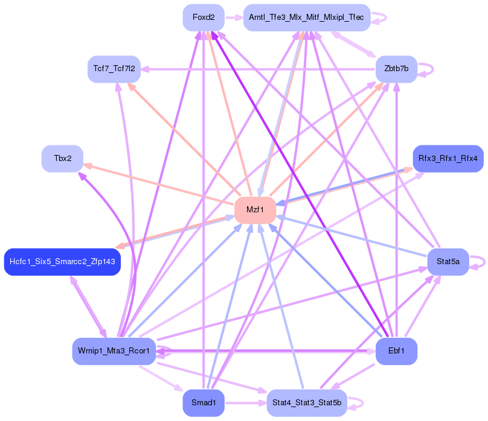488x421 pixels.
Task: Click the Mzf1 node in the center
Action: (x=255, y=210)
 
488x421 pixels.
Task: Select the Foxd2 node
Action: (x=204, y=17)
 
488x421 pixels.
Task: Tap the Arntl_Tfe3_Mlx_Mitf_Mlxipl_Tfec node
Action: (x=306, y=17)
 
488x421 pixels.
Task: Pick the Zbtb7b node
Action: (x=396, y=69)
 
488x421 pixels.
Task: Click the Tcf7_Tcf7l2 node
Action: (x=114, y=69)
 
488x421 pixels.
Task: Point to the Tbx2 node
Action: (x=62, y=159)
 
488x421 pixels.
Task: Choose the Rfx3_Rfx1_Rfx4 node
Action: (x=448, y=159)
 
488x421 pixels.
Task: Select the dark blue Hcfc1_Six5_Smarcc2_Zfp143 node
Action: (x=62, y=262)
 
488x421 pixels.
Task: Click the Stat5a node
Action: (x=448, y=262)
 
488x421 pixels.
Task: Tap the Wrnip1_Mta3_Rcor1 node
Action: (x=114, y=351)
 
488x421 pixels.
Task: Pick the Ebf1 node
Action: (x=396, y=351)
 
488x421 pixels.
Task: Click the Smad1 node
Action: (x=204, y=402)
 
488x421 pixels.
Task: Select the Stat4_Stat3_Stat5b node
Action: (x=306, y=402)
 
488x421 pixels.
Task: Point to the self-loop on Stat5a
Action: (x=483, y=262)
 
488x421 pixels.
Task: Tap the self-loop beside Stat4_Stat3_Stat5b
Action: (x=361, y=402)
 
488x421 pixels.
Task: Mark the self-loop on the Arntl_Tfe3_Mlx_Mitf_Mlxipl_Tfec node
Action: (x=385, y=17)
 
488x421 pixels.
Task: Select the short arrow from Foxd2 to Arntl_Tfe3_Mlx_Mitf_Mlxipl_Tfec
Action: (x=234, y=17)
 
